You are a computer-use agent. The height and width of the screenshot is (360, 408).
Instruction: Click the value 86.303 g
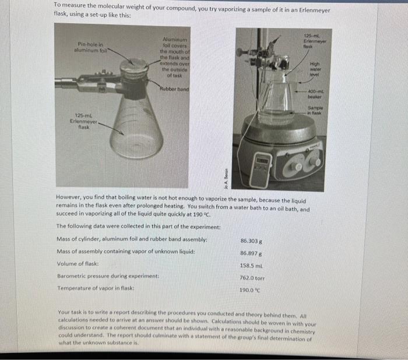tap(251, 240)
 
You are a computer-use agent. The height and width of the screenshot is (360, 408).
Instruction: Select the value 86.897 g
tap(251, 252)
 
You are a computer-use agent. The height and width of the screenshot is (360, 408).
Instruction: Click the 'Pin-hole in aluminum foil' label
tap(90, 47)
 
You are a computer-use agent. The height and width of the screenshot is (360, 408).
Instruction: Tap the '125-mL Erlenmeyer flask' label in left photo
tap(81, 123)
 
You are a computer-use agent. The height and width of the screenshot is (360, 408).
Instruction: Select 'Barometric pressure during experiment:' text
tap(105, 277)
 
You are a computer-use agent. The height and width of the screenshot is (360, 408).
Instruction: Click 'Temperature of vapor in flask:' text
tap(96, 289)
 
